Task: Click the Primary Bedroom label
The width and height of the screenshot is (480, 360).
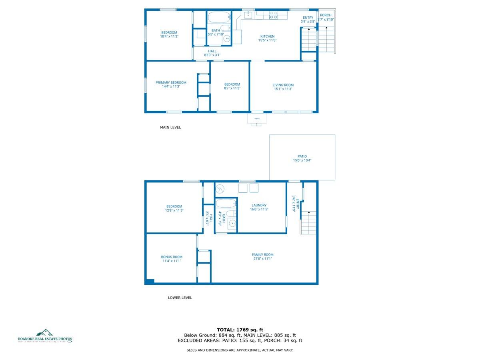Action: point(171,82)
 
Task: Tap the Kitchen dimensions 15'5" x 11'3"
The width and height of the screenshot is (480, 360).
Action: point(267,40)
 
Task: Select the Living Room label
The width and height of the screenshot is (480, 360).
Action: point(283,85)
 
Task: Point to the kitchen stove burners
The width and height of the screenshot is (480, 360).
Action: point(273,15)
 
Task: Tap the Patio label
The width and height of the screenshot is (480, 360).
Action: point(302,156)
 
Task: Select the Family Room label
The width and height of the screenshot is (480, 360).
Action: point(262,254)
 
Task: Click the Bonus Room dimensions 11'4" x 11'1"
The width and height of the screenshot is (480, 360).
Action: point(172,261)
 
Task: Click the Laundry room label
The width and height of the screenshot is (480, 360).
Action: point(259,205)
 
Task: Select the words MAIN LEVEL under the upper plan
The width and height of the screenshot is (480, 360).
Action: point(170,128)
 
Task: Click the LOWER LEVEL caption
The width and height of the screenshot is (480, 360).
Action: point(180,298)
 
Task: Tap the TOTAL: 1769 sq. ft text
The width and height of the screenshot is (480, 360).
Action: point(240,329)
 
